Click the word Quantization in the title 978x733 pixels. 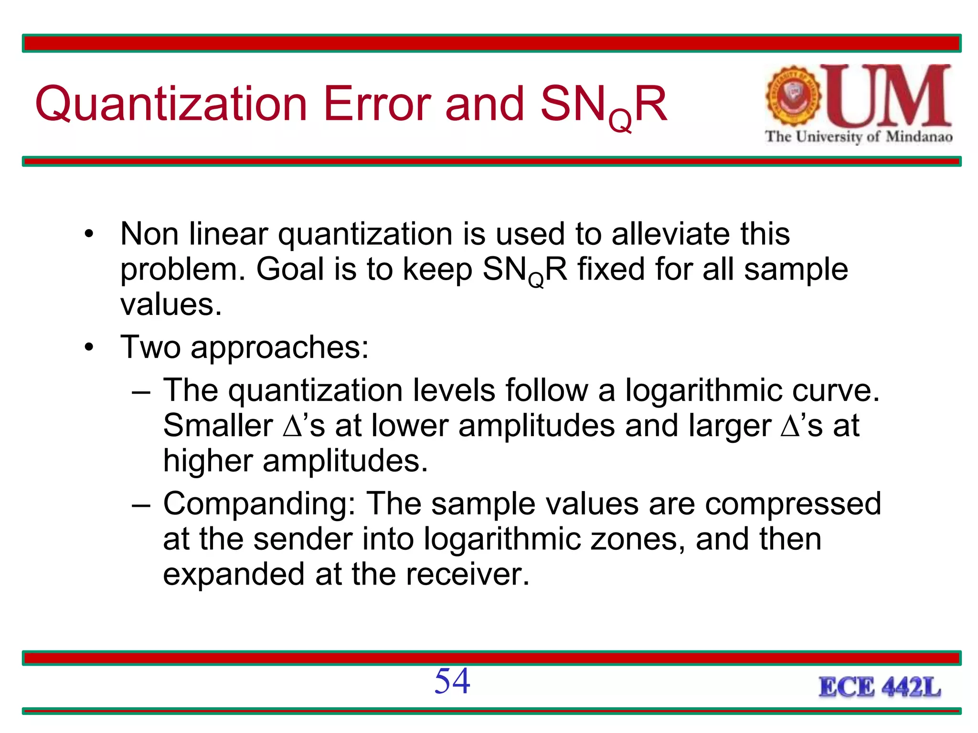click(x=171, y=105)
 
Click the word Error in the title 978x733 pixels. click(x=377, y=105)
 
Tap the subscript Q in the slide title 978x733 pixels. click(x=621, y=122)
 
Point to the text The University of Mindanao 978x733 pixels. click(x=859, y=137)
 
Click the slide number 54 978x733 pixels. click(x=452, y=681)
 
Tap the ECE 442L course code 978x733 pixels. click(x=880, y=688)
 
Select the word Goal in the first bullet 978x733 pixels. click(x=290, y=269)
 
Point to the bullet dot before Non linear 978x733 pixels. click(x=89, y=235)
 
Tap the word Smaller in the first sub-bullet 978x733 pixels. click(x=218, y=426)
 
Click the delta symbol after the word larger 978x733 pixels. click(x=790, y=426)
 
